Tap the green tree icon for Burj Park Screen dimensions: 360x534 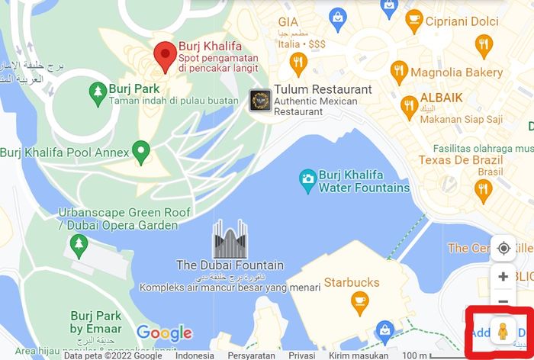[x=97, y=94]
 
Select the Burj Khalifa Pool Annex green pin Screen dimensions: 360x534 [x=140, y=152]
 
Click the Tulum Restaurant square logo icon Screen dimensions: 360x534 [x=260, y=100]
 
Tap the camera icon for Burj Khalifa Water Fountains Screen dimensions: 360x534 [x=307, y=180]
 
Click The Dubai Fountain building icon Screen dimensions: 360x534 [x=230, y=239]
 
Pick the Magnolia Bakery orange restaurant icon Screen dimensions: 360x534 [x=399, y=73]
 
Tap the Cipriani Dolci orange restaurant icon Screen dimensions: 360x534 [x=484, y=47]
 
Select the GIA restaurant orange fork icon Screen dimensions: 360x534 [x=298, y=63]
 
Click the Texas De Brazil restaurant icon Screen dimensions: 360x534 [x=482, y=190]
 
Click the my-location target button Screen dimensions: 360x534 [x=503, y=248]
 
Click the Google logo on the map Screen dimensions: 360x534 [x=164, y=333]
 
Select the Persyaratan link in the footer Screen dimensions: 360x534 [x=252, y=355]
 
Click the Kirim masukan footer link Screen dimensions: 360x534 [x=358, y=355]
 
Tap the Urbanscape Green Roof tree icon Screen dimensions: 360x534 [x=79, y=243]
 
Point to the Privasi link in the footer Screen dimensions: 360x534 [x=302, y=355]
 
